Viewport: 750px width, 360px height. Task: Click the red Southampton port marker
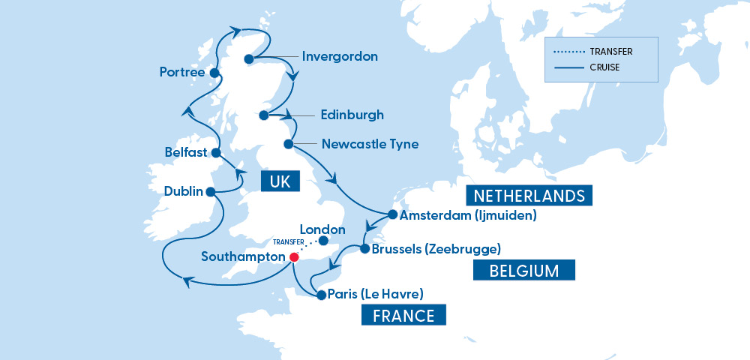(x=294, y=256)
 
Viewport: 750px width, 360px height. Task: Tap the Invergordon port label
(x=339, y=56)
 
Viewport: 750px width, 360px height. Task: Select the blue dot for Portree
(x=214, y=73)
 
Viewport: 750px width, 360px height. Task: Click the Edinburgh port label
(x=352, y=115)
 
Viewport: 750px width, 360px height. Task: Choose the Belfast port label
(x=186, y=152)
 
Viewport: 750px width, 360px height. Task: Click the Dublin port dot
(x=211, y=192)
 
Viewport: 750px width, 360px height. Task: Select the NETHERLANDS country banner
(x=529, y=196)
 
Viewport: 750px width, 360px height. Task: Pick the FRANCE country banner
(x=403, y=315)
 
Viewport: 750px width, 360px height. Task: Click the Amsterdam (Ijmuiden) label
(x=469, y=215)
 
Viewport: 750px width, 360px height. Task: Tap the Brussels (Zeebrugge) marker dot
(x=364, y=248)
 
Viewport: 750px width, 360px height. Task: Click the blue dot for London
(x=324, y=241)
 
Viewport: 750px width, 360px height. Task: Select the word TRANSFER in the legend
(x=611, y=52)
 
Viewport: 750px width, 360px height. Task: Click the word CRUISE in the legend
(x=604, y=68)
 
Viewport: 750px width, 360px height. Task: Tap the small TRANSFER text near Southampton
(x=289, y=242)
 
